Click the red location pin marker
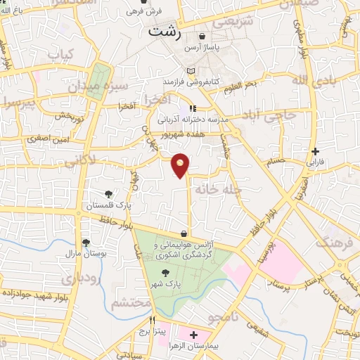click(x=181, y=165)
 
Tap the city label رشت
click(x=163, y=32)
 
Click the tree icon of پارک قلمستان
click(x=108, y=195)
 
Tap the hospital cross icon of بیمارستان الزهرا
click(x=193, y=334)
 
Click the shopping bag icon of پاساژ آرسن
click(x=202, y=37)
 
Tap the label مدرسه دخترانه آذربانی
click(x=193, y=120)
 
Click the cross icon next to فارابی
click(x=316, y=151)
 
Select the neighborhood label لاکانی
click(x=82, y=164)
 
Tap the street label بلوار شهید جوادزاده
click(x=34, y=292)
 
